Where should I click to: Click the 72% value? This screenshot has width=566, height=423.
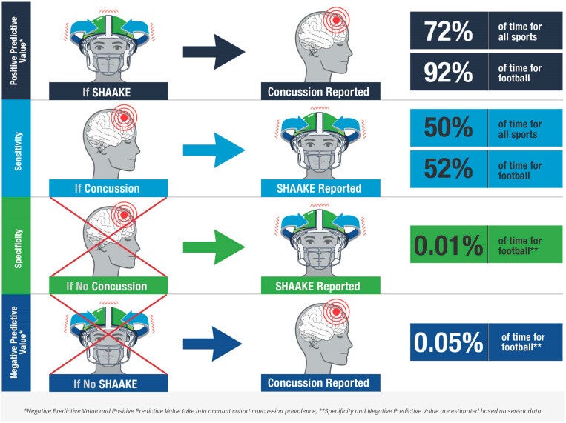[x=448, y=31]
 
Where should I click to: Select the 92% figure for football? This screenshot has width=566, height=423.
[x=448, y=73]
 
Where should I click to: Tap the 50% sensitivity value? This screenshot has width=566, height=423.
[x=448, y=127]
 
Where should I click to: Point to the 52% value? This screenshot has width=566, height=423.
[x=448, y=170]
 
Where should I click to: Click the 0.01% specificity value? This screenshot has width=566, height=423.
[x=448, y=244]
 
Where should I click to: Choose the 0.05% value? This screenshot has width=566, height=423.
[x=448, y=342]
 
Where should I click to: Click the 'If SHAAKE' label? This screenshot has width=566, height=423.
[x=108, y=91]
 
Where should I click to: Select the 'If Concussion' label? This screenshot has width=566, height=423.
[x=108, y=188]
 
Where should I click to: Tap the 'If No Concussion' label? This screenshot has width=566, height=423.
[x=108, y=286]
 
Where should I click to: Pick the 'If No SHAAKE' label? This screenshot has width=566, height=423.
[x=108, y=383]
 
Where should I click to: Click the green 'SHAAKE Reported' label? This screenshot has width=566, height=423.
[x=320, y=286]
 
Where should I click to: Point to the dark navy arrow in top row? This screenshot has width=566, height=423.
[x=214, y=52]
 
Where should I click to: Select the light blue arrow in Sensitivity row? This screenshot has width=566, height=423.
[x=214, y=149]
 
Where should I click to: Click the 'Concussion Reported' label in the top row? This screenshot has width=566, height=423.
[x=320, y=91]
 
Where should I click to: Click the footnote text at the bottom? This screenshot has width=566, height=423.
[x=282, y=408]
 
